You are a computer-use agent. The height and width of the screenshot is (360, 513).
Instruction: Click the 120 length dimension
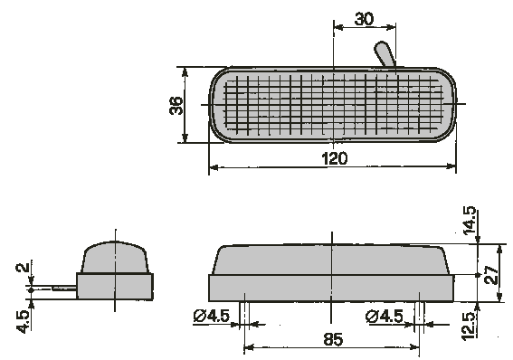335,158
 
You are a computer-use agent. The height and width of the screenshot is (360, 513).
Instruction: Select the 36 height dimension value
176,105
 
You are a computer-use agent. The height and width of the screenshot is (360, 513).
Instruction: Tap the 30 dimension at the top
364,19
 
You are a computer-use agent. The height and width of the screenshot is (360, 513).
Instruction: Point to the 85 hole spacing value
333,339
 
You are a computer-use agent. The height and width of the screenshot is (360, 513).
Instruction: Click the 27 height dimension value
491,275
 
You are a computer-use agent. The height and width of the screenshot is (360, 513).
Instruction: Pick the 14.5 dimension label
470,221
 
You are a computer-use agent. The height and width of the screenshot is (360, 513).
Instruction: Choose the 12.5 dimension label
469,326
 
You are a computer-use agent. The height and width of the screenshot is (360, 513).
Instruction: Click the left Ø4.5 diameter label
212,316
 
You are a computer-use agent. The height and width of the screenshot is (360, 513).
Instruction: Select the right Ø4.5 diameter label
385,317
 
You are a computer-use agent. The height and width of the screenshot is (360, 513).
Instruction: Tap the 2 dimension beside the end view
23,268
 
